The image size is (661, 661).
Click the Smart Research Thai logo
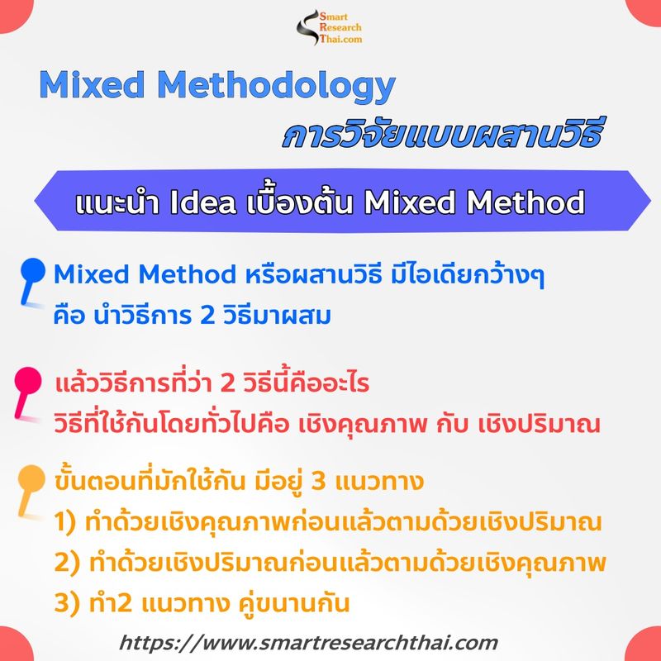[x=330, y=28]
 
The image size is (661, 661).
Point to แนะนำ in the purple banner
[x=117, y=202]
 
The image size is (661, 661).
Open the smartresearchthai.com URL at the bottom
[x=309, y=642]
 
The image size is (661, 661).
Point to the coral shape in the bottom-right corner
[x=645, y=645]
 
